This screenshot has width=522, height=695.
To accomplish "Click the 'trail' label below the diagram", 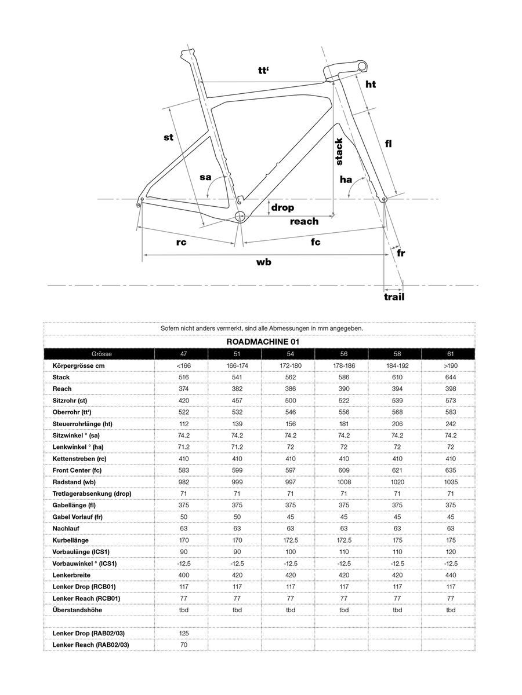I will coord(394,297).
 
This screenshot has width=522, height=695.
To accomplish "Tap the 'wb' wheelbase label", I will coord(264,262).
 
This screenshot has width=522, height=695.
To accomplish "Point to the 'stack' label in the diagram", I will coord(339,152).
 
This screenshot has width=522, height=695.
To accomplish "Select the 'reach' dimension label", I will coord(304,221).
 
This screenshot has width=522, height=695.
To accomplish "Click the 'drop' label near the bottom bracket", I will coord(282,207).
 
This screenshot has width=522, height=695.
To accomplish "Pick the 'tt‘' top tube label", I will coord(265,71).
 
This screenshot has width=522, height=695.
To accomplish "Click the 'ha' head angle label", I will coord(346,180).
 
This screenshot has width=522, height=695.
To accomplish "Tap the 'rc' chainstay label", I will coord(181,243).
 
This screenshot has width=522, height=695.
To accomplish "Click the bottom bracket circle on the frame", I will coord(240,216).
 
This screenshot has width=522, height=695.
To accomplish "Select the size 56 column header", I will coord(344,354).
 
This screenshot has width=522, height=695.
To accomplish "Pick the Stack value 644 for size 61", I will coord(451,377).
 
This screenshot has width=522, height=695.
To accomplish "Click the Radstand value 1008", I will coord(344,482).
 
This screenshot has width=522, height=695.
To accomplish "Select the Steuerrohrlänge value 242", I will coord(451,424).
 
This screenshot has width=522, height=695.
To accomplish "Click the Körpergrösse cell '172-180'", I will coord(290,365).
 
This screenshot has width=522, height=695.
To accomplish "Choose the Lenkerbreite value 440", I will coord(451,575).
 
